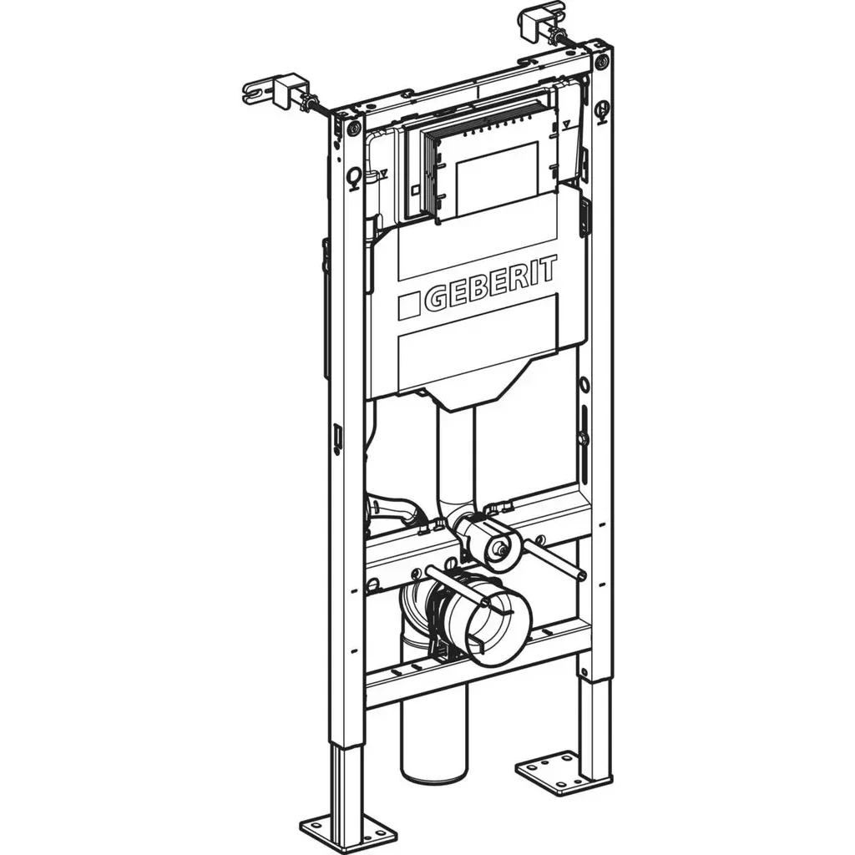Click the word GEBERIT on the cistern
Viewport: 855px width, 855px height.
click(x=490, y=285)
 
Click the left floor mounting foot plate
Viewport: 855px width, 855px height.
click(x=348, y=832)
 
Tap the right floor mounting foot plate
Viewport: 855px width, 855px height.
click(x=553, y=772)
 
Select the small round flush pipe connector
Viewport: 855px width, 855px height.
click(x=498, y=546)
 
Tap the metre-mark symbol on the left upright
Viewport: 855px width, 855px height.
click(x=355, y=176)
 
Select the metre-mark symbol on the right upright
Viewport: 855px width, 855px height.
click(x=602, y=109)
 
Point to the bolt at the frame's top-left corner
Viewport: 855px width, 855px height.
click(x=354, y=127)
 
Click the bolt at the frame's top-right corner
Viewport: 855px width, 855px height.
click(x=601, y=60)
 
